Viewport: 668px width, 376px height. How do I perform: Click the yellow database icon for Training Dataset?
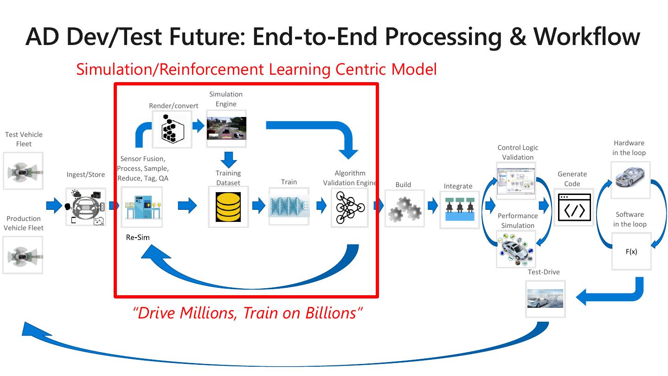coord(228,207)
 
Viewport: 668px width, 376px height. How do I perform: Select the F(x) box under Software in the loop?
coord(631,252)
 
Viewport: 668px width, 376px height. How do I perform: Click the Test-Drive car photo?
coord(546,298)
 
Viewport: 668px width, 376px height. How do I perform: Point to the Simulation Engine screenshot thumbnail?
coord(226,128)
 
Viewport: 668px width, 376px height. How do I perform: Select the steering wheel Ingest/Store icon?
coord(86,207)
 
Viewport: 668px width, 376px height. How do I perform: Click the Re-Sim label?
coord(138,237)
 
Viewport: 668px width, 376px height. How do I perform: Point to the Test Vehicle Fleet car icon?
coord(23,171)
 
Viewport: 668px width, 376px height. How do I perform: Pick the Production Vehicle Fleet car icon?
coord(23,255)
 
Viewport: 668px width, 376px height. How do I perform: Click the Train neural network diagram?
coord(289,206)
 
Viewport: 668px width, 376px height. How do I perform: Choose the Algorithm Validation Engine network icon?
coord(350,207)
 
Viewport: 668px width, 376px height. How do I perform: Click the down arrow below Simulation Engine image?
coord(228,159)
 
